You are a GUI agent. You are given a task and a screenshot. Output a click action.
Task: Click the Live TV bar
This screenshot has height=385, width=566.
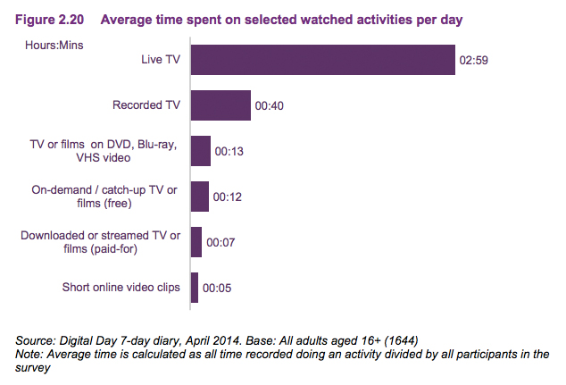click(323, 61)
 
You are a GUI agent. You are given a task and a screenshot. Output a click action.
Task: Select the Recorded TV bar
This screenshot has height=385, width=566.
click(221, 105)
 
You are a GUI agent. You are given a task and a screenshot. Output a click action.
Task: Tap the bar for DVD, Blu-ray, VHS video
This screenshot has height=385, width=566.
click(201, 151)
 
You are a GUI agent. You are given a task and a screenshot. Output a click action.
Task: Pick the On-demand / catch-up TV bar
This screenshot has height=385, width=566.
click(200, 197)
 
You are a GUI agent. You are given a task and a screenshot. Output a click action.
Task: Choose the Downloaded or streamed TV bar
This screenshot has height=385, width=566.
click(196, 241)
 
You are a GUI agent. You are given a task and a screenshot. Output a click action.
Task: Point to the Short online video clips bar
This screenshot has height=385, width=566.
click(195, 288)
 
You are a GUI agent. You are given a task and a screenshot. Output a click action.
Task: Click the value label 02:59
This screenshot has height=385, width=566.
click(473, 61)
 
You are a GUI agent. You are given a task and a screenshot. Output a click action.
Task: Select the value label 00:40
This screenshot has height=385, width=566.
click(269, 105)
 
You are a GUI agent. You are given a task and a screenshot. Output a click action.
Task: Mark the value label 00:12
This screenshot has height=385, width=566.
click(227, 197)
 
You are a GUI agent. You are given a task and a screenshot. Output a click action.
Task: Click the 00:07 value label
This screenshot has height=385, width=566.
click(220, 241)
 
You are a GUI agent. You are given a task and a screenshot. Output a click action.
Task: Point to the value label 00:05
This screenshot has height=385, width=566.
click(217, 288)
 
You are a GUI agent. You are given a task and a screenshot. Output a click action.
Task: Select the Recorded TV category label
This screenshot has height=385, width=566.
click(146, 105)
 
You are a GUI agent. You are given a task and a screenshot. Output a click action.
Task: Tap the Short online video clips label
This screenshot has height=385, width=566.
click(121, 288)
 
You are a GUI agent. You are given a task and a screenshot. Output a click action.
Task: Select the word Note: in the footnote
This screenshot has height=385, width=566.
click(32, 354)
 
